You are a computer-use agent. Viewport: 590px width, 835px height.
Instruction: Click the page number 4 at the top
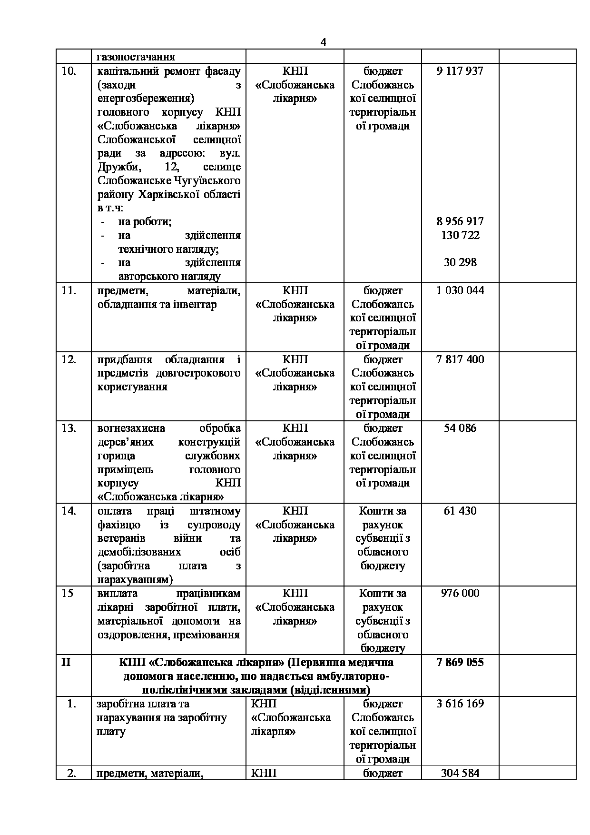click(x=323, y=42)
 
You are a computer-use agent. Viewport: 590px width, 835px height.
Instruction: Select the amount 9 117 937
click(x=460, y=71)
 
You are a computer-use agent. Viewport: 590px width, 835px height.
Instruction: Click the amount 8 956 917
click(x=460, y=221)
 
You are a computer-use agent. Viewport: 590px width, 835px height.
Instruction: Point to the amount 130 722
click(x=460, y=235)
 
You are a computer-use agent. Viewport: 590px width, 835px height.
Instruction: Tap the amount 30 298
click(x=460, y=262)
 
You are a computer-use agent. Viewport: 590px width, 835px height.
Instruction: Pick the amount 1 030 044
click(x=460, y=290)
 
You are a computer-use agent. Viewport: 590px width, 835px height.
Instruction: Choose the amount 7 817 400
click(x=460, y=359)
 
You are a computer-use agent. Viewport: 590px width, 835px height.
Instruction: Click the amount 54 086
click(x=460, y=428)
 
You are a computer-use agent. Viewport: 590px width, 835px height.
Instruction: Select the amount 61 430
click(x=460, y=511)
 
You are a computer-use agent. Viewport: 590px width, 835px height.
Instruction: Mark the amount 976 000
click(x=460, y=593)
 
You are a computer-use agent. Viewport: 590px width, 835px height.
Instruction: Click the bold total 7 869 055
click(x=460, y=662)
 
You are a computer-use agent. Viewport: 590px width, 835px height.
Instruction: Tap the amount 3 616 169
click(x=460, y=704)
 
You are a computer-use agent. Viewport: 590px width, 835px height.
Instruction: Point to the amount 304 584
click(x=460, y=773)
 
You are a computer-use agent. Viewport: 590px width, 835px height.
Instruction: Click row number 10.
click(x=69, y=71)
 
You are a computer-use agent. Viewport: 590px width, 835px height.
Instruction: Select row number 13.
click(x=69, y=428)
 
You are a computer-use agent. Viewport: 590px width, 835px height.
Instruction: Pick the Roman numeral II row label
click(x=66, y=662)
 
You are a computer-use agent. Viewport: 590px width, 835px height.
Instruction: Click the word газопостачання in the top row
click(x=136, y=57)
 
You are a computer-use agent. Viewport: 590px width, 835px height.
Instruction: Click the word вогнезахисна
click(x=131, y=428)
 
